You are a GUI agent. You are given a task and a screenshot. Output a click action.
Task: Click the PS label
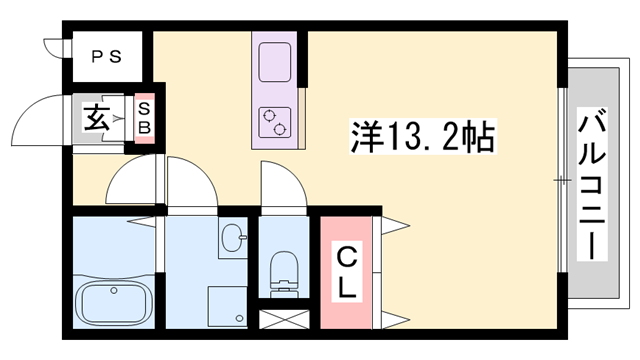pos(107,57)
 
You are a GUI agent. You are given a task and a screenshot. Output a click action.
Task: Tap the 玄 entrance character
pos(97,119)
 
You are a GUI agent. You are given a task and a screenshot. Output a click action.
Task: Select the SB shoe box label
pos(144,118)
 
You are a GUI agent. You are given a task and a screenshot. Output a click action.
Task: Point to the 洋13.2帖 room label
pos(421,135)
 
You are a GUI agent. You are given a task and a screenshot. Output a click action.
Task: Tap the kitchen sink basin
pos(274,67)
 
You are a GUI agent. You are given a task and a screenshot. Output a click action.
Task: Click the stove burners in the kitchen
pos(274,122)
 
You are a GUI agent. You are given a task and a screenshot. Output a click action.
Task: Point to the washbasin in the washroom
pos(232,241)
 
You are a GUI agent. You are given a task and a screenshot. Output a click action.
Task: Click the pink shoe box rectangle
pos(144,119)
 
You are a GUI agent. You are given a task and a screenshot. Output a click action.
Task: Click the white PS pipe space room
pos(107,57)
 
